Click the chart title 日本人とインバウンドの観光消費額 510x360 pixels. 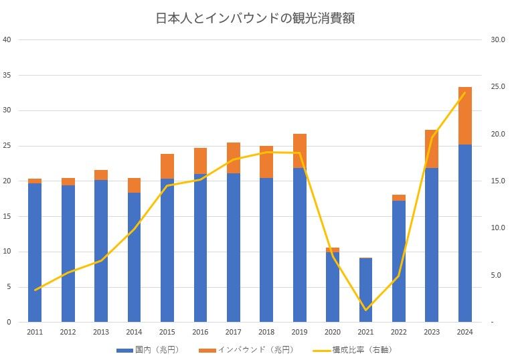(x=255, y=18)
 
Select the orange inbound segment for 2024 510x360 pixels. (x=464, y=116)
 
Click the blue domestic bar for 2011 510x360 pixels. (x=35, y=252)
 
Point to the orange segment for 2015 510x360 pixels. (x=167, y=166)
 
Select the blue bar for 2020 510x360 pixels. (x=332, y=287)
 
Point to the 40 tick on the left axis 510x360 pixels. (x=7, y=39)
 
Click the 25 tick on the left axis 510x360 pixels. (x=7, y=146)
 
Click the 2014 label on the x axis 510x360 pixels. (x=134, y=332)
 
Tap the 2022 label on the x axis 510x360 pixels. (x=398, y=332)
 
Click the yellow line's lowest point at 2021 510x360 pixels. (x=365, y=310)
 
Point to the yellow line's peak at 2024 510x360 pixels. (x=464, y=92)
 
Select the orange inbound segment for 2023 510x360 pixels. (x=432, y=149)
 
